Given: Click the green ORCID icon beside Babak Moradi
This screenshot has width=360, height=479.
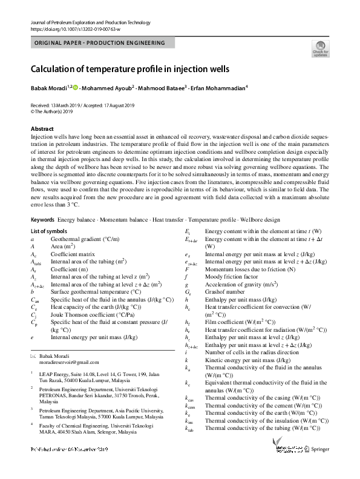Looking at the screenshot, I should click(76, 87).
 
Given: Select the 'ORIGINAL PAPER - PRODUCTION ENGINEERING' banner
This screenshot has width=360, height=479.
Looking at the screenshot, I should click(100, 44).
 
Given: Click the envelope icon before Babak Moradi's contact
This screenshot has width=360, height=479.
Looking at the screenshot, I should click(33, 358).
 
